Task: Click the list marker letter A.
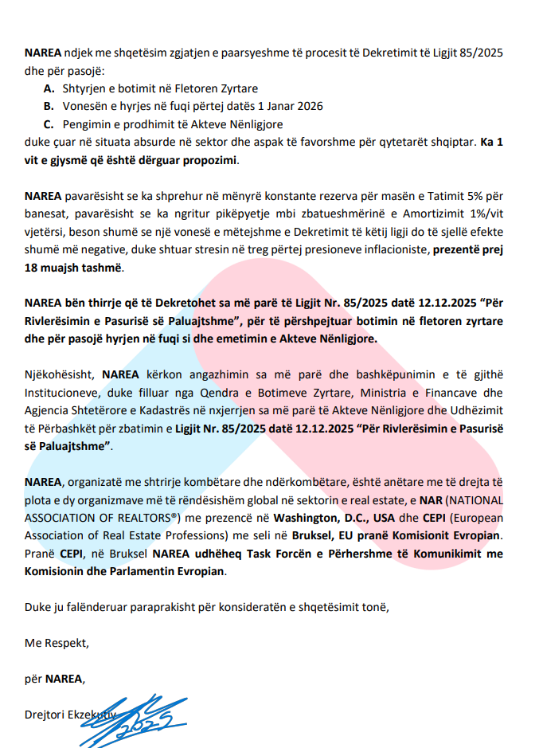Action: [x=49, y=88]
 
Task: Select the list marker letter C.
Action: [x=49, y=123]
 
